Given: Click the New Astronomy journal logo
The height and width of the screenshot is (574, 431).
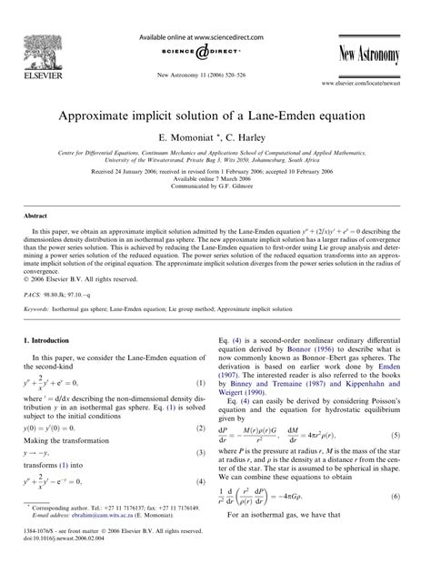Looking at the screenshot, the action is (366, 55).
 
